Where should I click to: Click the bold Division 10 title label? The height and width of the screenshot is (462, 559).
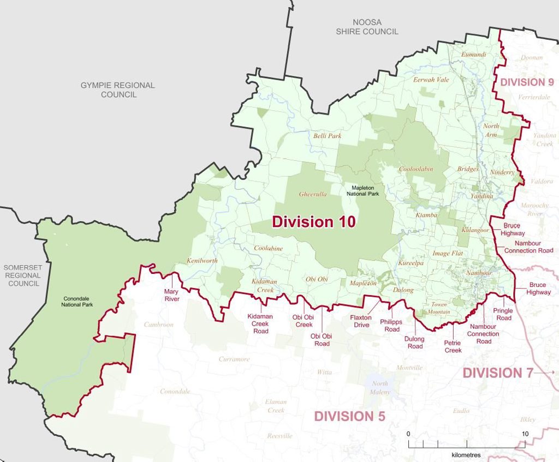point(313,222)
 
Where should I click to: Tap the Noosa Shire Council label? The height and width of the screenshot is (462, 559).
point(367,27)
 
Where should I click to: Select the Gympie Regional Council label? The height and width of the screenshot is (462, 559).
point(118,90)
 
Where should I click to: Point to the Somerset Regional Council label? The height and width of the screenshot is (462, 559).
point(23,275)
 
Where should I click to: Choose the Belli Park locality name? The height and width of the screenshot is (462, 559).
point(327,135)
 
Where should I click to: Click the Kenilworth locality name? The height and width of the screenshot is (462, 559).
point(202,261)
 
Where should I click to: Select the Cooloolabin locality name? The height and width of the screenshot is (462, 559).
point(416,169)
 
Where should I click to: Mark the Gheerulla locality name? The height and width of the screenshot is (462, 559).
point(313,194)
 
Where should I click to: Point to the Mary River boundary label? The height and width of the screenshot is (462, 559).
point(172,295)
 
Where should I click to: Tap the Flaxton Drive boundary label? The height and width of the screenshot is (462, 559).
point(360,321)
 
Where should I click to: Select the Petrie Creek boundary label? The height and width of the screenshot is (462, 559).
point(453,346)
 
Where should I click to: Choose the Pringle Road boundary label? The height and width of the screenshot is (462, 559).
point(503,314)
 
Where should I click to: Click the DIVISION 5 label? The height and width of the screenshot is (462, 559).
point(349,416)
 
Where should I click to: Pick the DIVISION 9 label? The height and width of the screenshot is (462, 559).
point(527,82)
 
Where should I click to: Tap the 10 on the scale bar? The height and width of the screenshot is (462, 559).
point(525,434)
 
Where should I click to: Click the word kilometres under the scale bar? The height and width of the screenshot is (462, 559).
point(467,454)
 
